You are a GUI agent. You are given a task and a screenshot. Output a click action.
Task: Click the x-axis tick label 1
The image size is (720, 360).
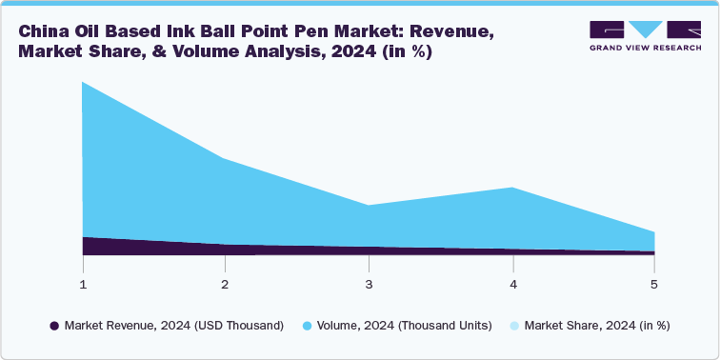tap(83, 284)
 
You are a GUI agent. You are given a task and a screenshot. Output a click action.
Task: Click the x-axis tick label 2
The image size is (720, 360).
tap(225, 284)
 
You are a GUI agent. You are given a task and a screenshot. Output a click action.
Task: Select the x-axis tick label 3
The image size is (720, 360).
tap(369, 284)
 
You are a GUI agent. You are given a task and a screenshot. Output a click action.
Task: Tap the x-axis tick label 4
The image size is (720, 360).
tap(513, 284)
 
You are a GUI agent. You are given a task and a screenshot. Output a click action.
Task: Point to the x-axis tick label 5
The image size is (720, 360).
tap(654, 284)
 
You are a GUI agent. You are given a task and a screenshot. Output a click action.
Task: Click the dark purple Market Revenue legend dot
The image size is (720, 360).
tap(55, 326)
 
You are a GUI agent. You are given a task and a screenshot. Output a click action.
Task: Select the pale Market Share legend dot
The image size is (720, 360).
tap(514, 326)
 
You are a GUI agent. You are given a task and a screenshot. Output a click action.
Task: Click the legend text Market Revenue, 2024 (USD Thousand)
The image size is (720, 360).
tap(174, 326)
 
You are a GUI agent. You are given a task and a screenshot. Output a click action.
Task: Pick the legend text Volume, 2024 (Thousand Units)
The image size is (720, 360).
tap(406, 326)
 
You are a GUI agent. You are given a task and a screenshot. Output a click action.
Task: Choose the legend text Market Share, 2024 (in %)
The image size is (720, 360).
tap(597, 326)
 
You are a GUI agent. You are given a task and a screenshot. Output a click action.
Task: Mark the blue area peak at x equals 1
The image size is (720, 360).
tap(84, 83)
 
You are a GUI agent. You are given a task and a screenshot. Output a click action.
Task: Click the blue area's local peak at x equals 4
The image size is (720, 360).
tap(513, 188)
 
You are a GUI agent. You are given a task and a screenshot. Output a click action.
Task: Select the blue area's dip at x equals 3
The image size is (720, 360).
tap(369, 205)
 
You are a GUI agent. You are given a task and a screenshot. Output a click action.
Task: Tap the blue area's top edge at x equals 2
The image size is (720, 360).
tap(225, 159)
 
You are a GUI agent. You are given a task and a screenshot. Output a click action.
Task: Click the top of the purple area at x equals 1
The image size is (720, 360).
tap(84, 237)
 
